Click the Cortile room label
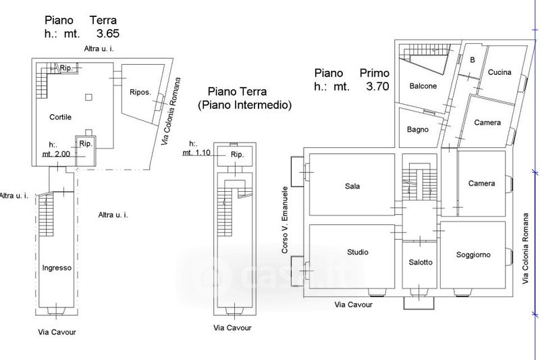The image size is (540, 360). coord(60,117)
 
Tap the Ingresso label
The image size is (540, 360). coord(57,267)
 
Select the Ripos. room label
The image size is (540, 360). coord(140,93)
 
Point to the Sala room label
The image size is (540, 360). coord(352,186)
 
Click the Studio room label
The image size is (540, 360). coord(358,252)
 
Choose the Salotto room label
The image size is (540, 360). coord(421,262)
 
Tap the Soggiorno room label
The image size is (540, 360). coord(473,255)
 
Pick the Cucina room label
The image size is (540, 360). coord(500,72)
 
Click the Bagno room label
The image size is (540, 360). coord(417,130)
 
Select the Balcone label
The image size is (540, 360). coord(423,86)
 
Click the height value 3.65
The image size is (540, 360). coord(108,33)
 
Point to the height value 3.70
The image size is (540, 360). coord(377,86)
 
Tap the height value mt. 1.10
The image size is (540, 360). coord(196,153)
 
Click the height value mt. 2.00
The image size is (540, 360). coord(56,153)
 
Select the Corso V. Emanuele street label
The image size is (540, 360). coord(284,220)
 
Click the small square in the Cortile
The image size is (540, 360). coord(88,97)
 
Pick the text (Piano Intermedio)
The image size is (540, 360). coord(244,105)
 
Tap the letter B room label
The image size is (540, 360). coord(473,60)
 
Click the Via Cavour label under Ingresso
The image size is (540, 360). coord(57,332)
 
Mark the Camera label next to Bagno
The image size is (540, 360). coord(487,122)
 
